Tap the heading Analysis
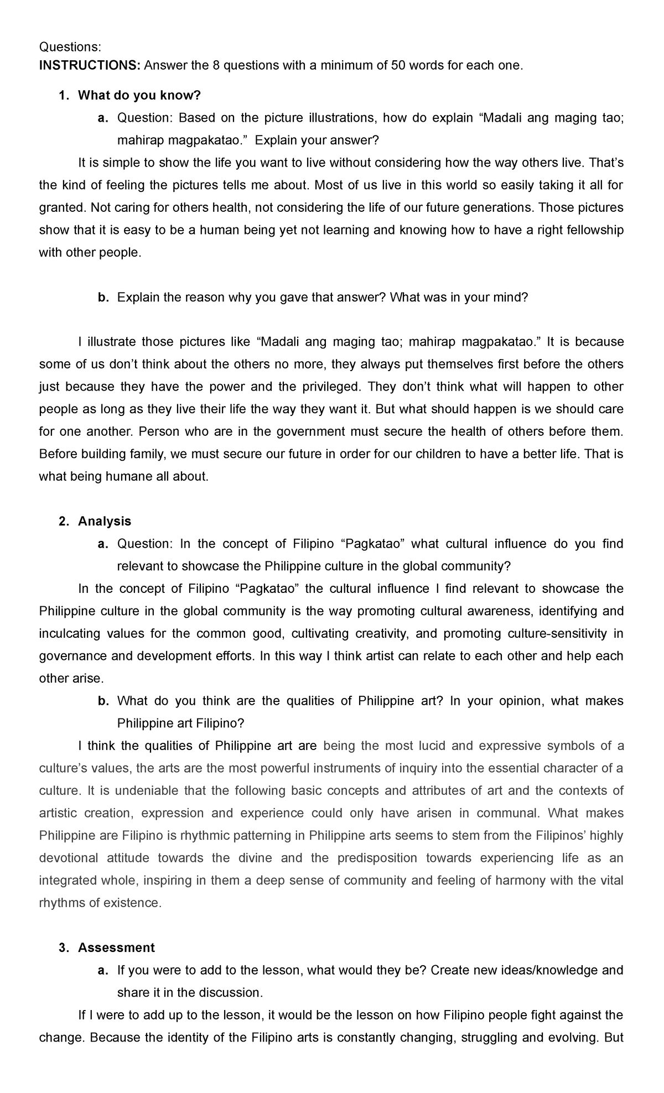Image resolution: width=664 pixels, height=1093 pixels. click(105, 521)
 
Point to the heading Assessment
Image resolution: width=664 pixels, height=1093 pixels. click(116, 948)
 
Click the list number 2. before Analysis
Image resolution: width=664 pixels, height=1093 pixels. click(64, 521)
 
